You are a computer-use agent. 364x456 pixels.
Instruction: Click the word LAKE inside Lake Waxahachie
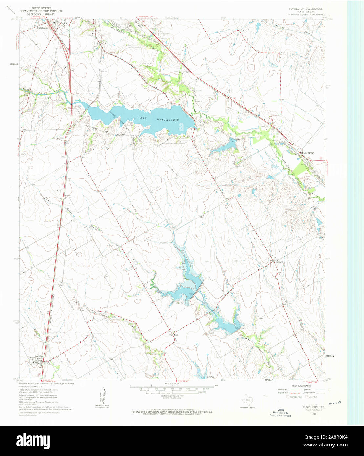tap(143, 117)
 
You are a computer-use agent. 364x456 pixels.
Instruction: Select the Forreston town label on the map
tap(39, 356)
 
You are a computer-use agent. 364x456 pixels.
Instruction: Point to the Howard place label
tap(279, 262)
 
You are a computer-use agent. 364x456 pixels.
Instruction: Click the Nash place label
tap(176, 335)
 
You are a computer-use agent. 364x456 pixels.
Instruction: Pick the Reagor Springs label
tap(308, 153)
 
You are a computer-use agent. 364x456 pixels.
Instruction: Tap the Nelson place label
tap(68, 196)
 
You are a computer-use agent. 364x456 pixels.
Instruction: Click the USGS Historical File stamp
tap(281, 413)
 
